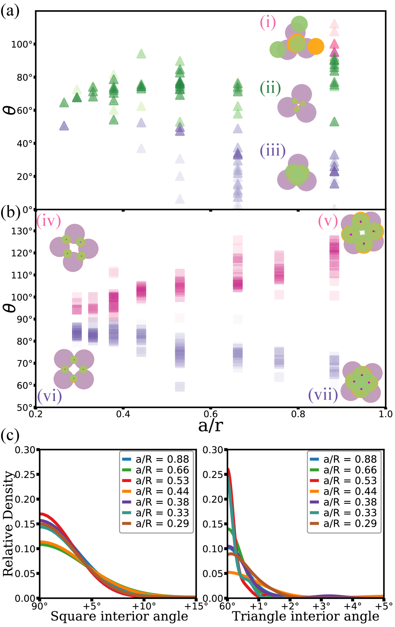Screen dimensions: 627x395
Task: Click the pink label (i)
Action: point(268,23)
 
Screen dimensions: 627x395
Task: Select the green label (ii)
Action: point(270,88)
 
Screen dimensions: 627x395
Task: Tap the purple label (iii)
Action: point(272,150)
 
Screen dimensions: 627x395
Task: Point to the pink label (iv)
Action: point(49,221)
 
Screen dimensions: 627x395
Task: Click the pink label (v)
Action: point(328,221)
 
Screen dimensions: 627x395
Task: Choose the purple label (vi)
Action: point(49,396)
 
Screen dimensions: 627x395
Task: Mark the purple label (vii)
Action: point(323,395)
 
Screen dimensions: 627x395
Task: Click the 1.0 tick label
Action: point(385,414)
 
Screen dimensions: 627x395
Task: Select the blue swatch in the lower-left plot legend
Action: point(127,459)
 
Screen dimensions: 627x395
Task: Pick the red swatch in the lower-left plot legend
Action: point(127,480)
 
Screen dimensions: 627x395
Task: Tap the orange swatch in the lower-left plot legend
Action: point(127,491)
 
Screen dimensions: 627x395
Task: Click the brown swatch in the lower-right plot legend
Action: point(314,523)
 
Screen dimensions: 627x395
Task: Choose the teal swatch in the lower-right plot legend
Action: point(314,513)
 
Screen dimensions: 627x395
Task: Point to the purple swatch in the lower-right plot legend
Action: point(314,502)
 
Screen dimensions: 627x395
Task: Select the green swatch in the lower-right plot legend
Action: point(314,470)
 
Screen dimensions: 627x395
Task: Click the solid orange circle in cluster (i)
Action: point(316,46)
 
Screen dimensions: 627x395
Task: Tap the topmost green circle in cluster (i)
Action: point(300,24)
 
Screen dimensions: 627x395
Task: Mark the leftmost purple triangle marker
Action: point(64,126)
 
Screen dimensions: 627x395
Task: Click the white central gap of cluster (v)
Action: point(362,233)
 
